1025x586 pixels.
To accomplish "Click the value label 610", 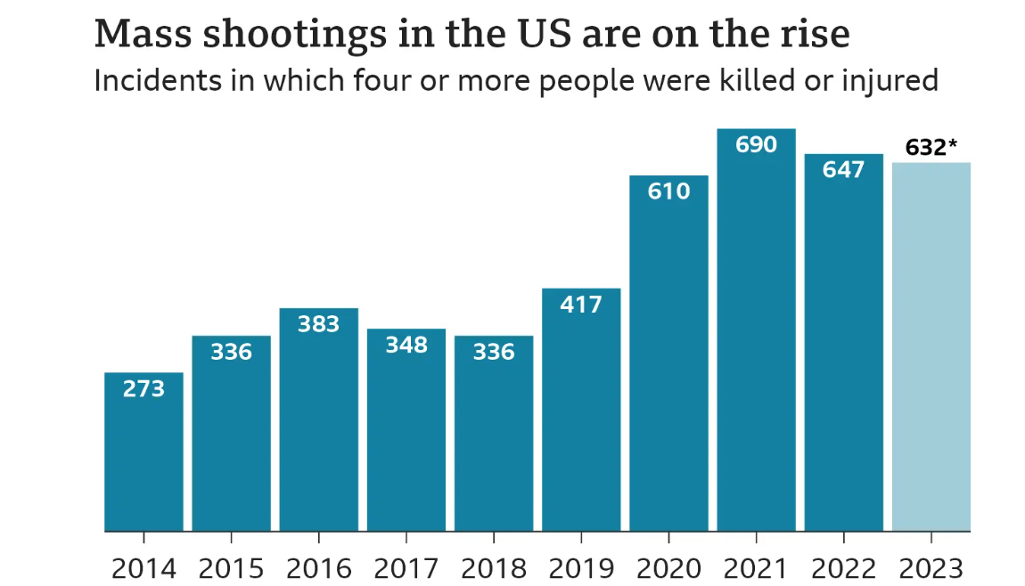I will [x=668, y=191].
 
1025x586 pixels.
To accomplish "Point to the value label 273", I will [x=143, y=388].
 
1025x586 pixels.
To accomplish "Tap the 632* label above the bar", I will [x=931, y=147].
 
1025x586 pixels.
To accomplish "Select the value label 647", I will [x=843, y=169].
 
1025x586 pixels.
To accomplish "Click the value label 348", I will [x=406, y=345].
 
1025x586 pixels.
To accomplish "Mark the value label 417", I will [x=581, y=305].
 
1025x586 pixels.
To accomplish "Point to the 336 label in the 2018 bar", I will [x=493, y=352].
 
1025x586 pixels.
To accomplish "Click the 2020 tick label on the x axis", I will [x=668, y=568].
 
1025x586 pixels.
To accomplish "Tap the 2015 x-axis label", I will [x=231, y=568].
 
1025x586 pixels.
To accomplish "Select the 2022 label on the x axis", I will [x=843, y=568].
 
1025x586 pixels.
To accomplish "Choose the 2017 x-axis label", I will [x=406, y=568].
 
